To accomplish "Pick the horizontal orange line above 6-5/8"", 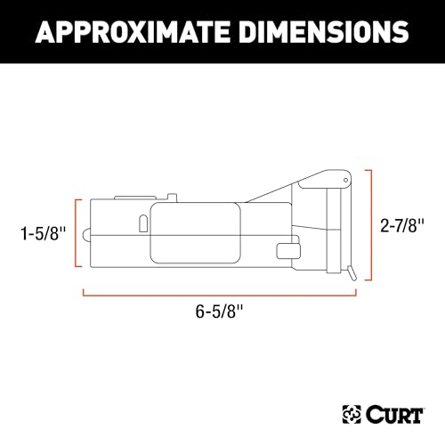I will coord(219,291).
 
